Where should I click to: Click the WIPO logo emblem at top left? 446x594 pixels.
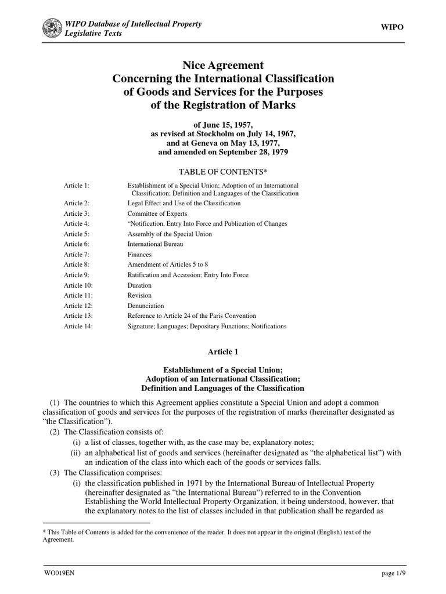point(54,28)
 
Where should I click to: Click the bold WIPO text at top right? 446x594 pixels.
point(391,27)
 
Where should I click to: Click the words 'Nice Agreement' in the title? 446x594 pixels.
point(223,66)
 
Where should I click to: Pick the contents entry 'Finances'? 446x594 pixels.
point(139,255)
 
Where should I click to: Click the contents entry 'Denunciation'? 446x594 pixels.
point(146,306)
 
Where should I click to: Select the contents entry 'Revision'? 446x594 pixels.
point(139,295)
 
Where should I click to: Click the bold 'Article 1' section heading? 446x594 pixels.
point(223,352)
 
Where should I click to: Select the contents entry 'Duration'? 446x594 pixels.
point(139,285)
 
